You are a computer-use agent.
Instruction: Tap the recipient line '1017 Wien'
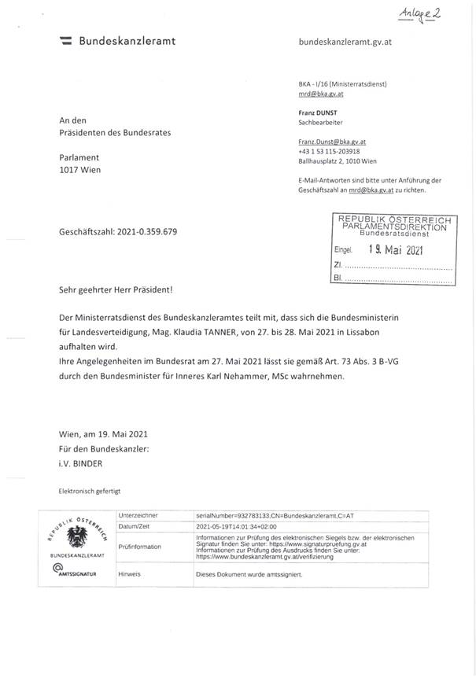point(80,169)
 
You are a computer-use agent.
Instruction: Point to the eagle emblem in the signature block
point(77,539)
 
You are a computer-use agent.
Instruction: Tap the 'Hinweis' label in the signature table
point(129,574)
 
